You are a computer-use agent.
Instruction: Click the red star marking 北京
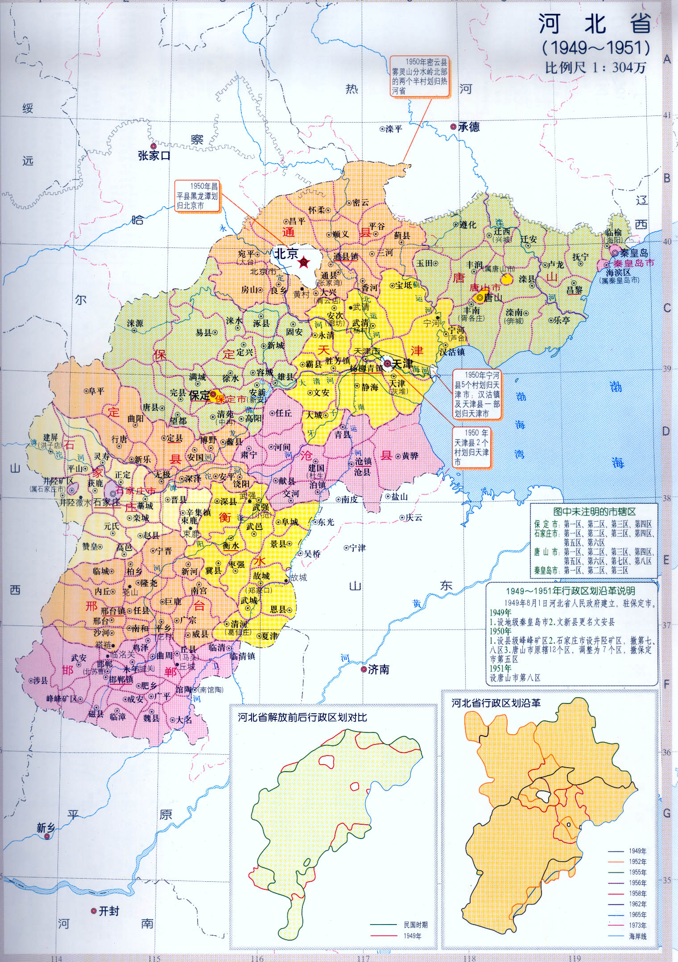pyautogui.click(x=304, y=263)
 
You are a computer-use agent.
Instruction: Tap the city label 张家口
pyautogui.click(x=154, y=156)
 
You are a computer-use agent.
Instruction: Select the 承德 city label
pyautogui.click(x=469, y=127)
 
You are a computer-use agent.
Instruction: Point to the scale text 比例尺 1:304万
pyautogui.click(x=595, y=68)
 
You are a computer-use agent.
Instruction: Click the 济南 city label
pyautogui.click(x=379, y=670)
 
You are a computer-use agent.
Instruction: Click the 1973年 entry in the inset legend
pyautogui.click(x=637, y=925)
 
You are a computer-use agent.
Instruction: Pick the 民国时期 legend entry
pyautogui.click(x=415, y=925)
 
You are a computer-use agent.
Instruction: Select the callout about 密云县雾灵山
pyautogui.click(x=419, y=76)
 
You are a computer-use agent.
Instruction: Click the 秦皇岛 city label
pyautogui.click(x=633, y=253)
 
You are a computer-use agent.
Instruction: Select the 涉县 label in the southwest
pyautogui.click(x=40, y=681)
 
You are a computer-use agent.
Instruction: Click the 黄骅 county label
pyautogui.click(x=410, y=456)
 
